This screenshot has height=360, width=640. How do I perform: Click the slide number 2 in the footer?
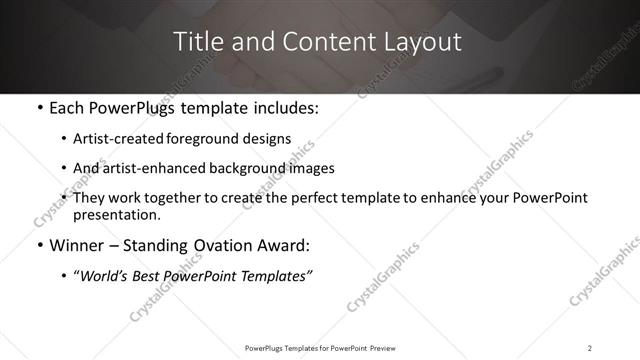[589, 348]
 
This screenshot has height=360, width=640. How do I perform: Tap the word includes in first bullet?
[288, 107]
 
